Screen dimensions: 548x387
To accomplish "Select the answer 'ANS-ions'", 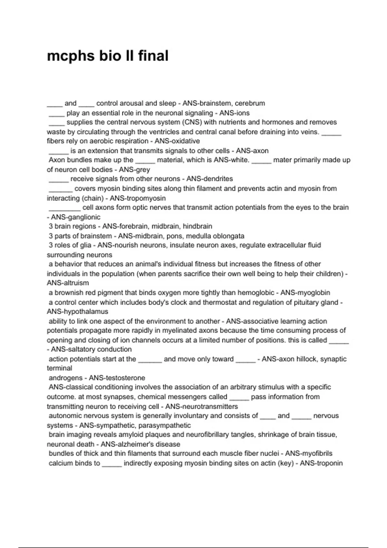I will [x=234, y=113].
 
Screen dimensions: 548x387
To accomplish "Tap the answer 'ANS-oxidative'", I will [x=177, y=141].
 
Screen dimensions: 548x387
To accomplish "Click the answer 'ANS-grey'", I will [x=134, y=170].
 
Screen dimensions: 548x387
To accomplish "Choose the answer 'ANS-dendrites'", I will [x=210, y=179].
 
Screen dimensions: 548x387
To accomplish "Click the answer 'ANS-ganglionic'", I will [x=76, y=217].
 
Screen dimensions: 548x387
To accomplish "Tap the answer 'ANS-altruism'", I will [x=68, y=283].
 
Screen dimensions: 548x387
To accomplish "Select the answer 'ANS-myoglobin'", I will [x=305, y=293].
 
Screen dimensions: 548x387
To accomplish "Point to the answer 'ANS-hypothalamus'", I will [x=77, y=312].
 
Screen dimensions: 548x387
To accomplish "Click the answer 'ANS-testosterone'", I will [x=117, y=378].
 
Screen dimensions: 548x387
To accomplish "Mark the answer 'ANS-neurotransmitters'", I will [x=202, y=406].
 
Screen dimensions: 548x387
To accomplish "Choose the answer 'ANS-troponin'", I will [x=321, y=463].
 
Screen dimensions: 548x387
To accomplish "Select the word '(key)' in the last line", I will [x=286, y=463].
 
